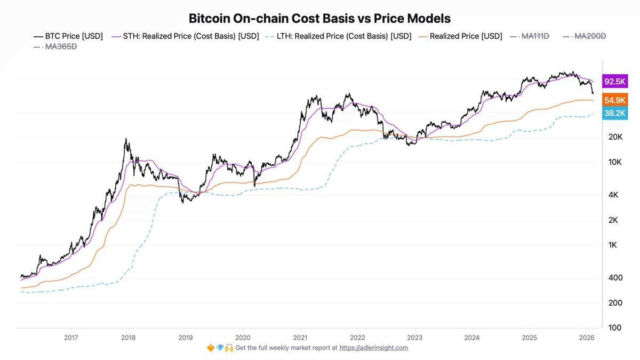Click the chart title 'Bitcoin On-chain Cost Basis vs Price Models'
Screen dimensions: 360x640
(320, 18)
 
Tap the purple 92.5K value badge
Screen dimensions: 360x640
(615, 82)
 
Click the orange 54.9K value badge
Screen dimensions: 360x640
(615, 100)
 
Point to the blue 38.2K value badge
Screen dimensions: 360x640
(615, 113)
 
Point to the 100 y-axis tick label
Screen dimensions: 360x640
(615, 327)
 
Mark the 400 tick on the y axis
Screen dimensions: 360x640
(615, 278)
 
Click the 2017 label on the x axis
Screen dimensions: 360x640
(71, 337)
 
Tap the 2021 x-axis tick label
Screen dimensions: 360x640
(300, 337)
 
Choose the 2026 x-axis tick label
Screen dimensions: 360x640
(587, 337)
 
